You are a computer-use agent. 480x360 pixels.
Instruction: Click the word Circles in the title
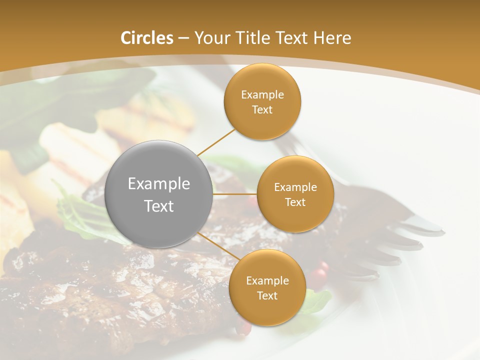pyautogui.click(x=146, y=38)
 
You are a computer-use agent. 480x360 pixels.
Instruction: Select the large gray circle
pyautogui.click(x=159, y=194)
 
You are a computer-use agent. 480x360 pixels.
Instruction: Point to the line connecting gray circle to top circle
pyautogui.click(x=216, y=142)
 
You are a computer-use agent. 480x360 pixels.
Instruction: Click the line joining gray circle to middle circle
pyautogui.click(x=235, y=194)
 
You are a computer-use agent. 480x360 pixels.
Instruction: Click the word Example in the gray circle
pyautogui.click(x=159, y=183)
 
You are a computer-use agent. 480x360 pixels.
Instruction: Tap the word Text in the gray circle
pyautogui.click(x=159, y=205)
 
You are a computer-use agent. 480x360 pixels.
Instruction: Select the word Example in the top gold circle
pyautogui.click(x=262, y=94)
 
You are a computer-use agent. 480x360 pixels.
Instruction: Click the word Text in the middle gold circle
pyautogui.click(x=295, y=202)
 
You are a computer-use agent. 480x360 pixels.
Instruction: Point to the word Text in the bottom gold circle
pyautogui.click(x=267, y=295)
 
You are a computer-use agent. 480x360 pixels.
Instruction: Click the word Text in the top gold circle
pyautogui.click(x=262, y=109)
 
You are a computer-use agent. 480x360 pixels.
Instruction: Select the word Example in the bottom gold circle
pyautogui.click(x=267, y=280)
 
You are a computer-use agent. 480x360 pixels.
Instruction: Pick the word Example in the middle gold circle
pyautogui.click(x=295, y=187)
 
